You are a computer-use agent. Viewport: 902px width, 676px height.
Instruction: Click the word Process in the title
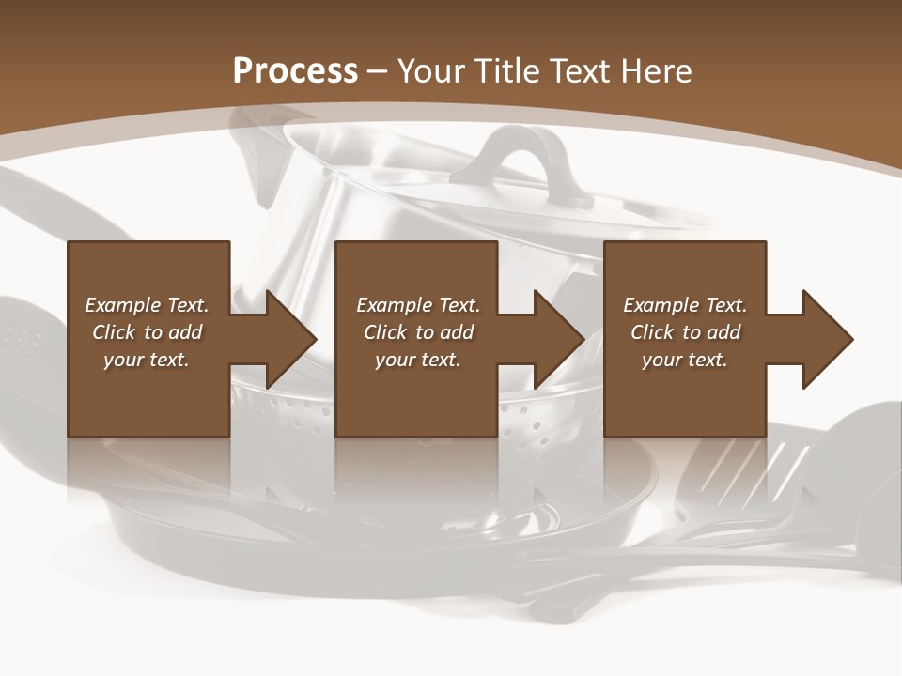[295, 71]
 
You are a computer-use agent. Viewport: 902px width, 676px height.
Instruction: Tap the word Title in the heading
[507, 71]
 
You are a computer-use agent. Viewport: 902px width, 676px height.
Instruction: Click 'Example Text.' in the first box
[147, 304]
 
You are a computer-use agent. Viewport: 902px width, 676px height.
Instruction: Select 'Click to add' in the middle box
[418, 331]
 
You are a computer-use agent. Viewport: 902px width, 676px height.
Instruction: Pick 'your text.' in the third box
[685, 360]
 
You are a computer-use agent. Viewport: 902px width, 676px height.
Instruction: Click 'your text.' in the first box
[147, 360]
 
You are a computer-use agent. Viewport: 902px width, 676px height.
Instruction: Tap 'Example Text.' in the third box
[685, 304]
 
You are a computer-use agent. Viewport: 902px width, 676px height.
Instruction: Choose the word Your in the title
[429, 71]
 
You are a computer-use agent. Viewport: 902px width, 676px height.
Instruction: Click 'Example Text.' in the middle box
[418, 304]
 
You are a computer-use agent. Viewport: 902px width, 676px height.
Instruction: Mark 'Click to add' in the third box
[685, 331]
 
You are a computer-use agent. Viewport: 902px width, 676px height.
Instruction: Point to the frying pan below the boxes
[376, 526]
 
